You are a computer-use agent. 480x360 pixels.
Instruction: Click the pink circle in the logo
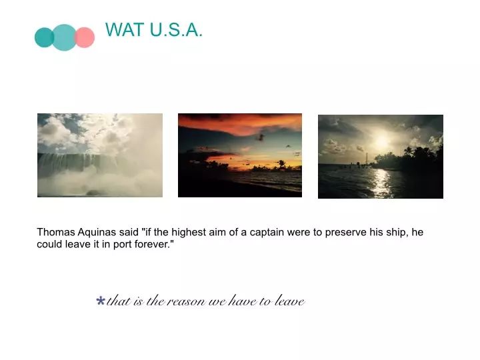(x=85, y=37)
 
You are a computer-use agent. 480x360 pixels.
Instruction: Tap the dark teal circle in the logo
(x=45, y=37)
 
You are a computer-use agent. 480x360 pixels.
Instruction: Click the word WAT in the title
(x=125, y=30)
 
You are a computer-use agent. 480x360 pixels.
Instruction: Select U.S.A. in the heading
(x=176, y=30)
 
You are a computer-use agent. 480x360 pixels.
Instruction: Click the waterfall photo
(x=100, y=155)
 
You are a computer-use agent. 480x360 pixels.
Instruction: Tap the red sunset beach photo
(x=240, y=155)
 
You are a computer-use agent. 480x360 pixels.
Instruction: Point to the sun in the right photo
(x=381, y=141)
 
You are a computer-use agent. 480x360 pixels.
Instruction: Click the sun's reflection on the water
(x=381, y=183)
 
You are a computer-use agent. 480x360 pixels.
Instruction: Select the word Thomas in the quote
(x=56, y=232)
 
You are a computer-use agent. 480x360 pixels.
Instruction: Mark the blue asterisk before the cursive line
(x=101, y=300)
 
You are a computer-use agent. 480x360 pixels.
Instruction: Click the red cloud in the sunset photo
(x=245, y=125)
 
